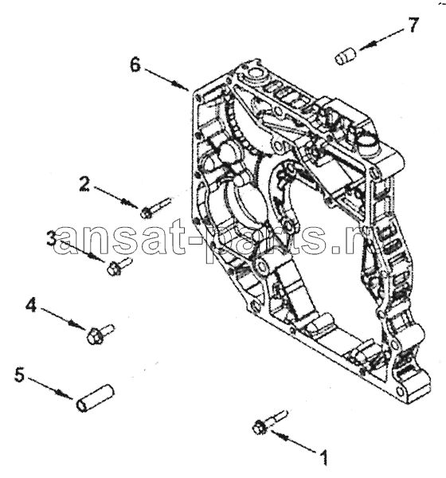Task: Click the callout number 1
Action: [x=325, y=457]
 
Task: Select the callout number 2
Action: [x=84, y=184]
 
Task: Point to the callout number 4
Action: [x=31, y=304]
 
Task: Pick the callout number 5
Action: [x=19, y=374]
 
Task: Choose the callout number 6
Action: [x=135, y=65]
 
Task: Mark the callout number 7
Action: [x=413, y=25]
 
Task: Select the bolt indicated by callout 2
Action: [x=155, y=208]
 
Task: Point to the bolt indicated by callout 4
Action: [x=100, y=335]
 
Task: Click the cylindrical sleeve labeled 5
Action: [x=95, y=398]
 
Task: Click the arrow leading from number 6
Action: [x=167, y=80]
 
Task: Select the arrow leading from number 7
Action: [x=382, y=38]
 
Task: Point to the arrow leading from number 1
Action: [x=293, y=441]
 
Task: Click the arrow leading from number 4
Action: [x=63, y=319]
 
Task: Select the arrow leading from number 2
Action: [x=115, y=198]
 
